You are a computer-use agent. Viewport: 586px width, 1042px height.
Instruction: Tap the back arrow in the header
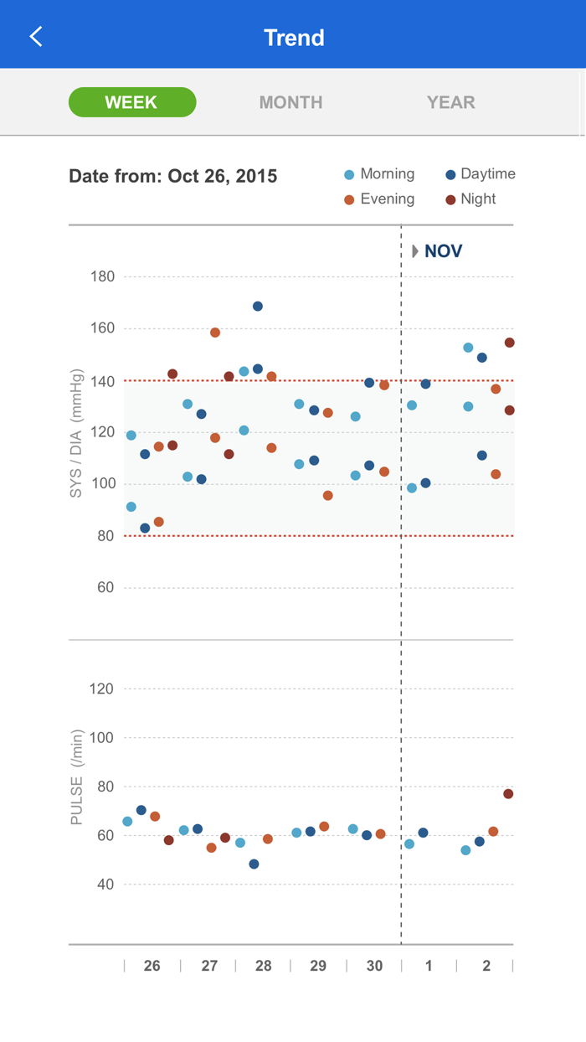click(35, 36)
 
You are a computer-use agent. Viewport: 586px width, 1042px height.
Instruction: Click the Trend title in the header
click(294, 38)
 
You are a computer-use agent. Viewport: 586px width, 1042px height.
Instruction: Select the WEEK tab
click(132, 102)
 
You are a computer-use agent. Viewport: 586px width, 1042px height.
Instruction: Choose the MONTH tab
click(290, 102)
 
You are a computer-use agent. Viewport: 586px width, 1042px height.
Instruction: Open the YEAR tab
click(450, 102)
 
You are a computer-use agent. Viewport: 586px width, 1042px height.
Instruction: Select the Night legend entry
click(470, 199)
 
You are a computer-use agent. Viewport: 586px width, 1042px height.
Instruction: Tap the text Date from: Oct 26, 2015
click(173, 177)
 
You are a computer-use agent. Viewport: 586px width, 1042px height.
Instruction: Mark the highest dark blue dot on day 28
click(258, 307)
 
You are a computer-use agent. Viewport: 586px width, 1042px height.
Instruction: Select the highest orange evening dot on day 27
click(215, 333)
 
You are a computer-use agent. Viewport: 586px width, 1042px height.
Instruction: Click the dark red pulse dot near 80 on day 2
click(508, 794)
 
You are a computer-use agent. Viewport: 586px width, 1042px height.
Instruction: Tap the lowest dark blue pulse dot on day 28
click(254, 864)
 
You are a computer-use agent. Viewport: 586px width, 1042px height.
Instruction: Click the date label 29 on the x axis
click(318, 966)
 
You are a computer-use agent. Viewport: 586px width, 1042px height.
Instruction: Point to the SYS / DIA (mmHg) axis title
click(76, 433)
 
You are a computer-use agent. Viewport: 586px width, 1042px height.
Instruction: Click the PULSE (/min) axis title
click(76, 778)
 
